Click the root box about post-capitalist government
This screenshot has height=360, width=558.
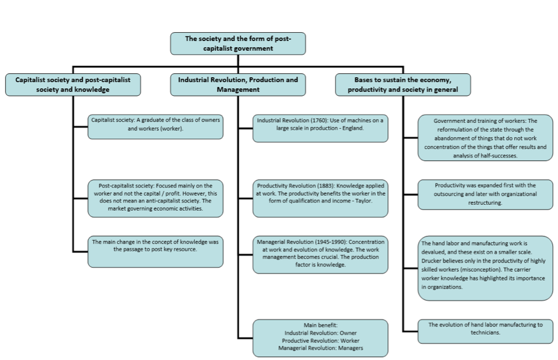point(237,43)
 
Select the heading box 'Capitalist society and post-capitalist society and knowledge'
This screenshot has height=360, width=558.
point(73,85)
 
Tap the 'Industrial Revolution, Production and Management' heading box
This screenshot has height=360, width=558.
point(237,85)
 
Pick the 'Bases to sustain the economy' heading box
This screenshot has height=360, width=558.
point(403,85)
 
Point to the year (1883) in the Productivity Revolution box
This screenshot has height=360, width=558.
point(326,186)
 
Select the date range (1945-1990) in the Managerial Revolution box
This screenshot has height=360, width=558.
point(331,242)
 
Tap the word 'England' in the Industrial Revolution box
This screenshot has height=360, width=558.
point(353,128)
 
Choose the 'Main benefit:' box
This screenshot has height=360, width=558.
point(321,338)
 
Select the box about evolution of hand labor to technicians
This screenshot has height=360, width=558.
point(485,332)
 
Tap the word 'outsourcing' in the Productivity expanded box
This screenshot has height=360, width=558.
point(450,194)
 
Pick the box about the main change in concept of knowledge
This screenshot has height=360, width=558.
point(156,252)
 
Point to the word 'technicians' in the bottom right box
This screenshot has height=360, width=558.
point(485,332)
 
